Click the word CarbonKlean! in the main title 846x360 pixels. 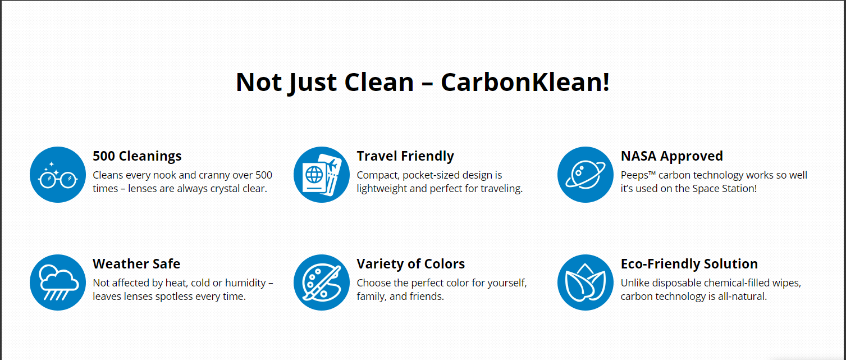click(x=525, y=82)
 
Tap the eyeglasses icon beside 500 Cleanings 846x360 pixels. click(x=58, y=175)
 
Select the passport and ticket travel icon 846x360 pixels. click(x=322, y=175)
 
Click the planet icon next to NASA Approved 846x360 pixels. click(x=586, y=175)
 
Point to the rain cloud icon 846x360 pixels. click(x=58, y=282)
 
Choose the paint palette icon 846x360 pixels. click(x=322, y=282)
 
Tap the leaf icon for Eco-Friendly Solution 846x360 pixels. click(x=586, y=282)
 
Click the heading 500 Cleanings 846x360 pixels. click(x=137, y=156)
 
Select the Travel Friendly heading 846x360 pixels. click(x=405, y=156)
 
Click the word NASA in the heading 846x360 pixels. click(x=639, y=156)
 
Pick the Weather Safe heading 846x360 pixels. click(x=136, y=263)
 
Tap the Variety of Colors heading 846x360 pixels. click(x=410, y=263)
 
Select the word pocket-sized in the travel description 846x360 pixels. click(x=429, y=175)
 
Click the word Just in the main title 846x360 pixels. click(x=312, y=83)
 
